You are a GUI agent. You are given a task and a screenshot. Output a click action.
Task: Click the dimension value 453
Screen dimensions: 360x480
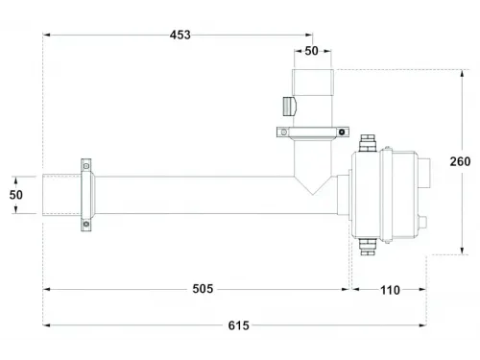pos(180,36)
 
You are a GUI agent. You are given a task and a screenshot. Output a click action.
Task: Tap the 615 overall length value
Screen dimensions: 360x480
pos(239,325)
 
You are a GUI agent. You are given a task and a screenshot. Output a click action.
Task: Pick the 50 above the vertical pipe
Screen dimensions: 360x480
pos(313,50)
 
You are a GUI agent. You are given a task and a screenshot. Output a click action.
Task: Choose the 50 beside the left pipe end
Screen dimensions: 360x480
pos(16,195)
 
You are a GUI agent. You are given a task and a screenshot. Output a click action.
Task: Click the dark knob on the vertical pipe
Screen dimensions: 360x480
pos(287,105)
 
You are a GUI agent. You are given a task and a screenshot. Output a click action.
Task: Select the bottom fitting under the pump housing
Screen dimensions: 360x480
pos(365,247)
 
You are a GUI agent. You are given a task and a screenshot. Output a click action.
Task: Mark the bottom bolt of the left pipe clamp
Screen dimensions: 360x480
pos(84,226)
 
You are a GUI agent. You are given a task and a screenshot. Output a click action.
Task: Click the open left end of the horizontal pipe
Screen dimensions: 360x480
pos(42,195)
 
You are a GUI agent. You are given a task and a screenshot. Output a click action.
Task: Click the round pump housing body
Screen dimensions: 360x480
pos(389,197)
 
